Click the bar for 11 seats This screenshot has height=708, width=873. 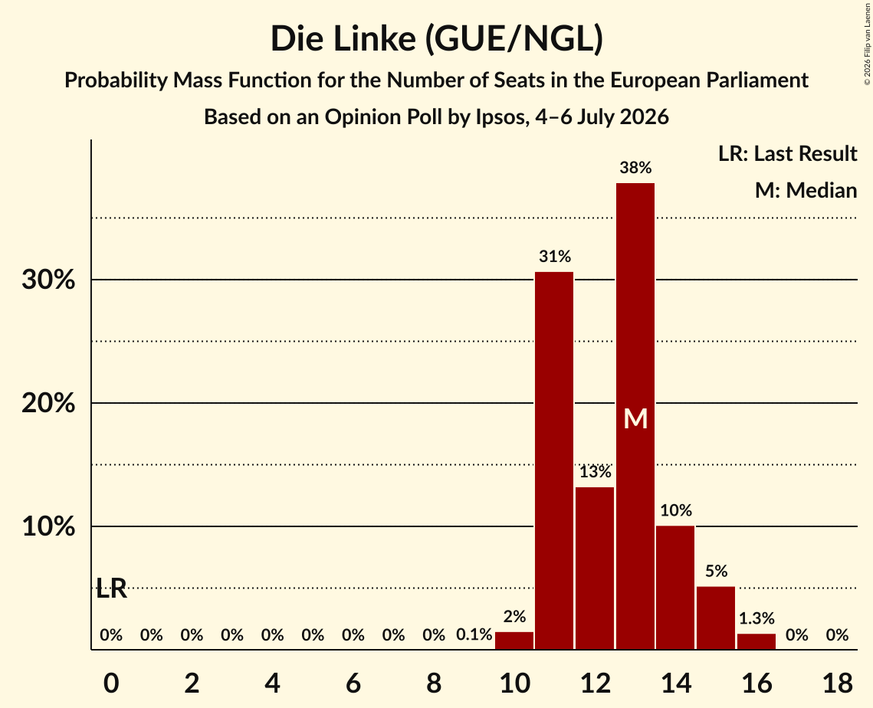[554, 461]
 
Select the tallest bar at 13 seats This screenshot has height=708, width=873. [635, 416]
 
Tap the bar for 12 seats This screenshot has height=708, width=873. [595, 569]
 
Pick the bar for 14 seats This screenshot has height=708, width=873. [675, 587]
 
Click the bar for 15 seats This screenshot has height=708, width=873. [716, 618]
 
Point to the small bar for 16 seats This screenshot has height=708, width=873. [756, 641]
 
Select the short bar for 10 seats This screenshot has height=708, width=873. [514, 641]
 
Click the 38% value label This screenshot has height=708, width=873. [635, 168]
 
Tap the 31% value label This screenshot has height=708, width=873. [554, 257]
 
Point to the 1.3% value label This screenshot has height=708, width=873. [756, 618]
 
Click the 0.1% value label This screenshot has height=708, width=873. [474, 634]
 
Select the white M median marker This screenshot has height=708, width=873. [635, 418]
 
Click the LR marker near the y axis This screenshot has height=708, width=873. [111, 588]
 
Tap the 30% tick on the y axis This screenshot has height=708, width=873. [48, 280]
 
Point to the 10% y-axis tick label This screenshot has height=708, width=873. [48, 526]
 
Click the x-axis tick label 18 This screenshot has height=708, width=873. [838, 683]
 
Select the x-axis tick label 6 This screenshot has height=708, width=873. [353, 683]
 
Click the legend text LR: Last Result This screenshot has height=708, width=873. [787, 153]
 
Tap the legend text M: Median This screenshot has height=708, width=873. [806, 190]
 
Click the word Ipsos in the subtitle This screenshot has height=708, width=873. [500, 117]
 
